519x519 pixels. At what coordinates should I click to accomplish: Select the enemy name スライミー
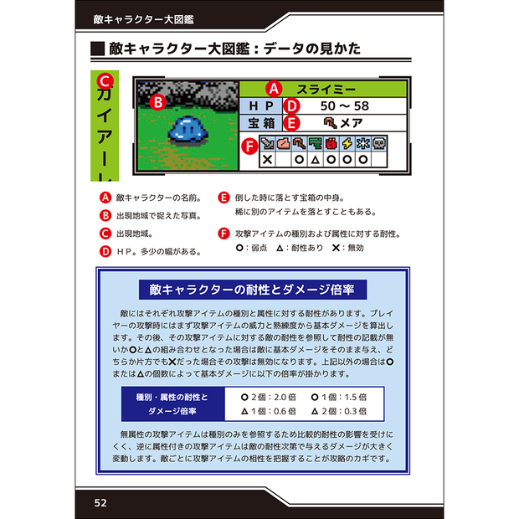point(326,90)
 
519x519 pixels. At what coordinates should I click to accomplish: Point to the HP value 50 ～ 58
point(345,106)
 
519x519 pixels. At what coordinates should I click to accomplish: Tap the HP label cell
point(261,106)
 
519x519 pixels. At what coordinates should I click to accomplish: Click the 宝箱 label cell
point(261,123)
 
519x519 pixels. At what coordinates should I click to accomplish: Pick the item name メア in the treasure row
point(352,123)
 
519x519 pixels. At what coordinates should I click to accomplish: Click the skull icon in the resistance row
point(379,144)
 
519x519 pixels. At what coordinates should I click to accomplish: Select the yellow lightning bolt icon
point(347,144)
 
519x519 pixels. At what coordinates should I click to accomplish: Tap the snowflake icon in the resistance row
point(363,144)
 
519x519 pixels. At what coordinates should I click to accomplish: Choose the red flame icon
point(331,144)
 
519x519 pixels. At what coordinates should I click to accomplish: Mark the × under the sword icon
point(267,160)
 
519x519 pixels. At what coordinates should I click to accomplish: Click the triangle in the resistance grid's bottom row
point(315,160)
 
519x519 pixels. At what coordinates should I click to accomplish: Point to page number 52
point(100,503)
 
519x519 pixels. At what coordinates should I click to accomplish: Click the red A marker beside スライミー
point(274,89)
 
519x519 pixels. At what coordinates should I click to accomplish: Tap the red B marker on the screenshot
point(158,103)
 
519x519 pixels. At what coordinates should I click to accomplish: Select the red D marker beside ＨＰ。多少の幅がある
point(105,252)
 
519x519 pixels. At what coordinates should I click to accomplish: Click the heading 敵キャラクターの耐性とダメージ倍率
point(252,290)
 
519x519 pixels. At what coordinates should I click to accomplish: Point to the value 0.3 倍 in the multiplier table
point(354,411)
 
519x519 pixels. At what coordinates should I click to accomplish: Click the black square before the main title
point(98,49)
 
